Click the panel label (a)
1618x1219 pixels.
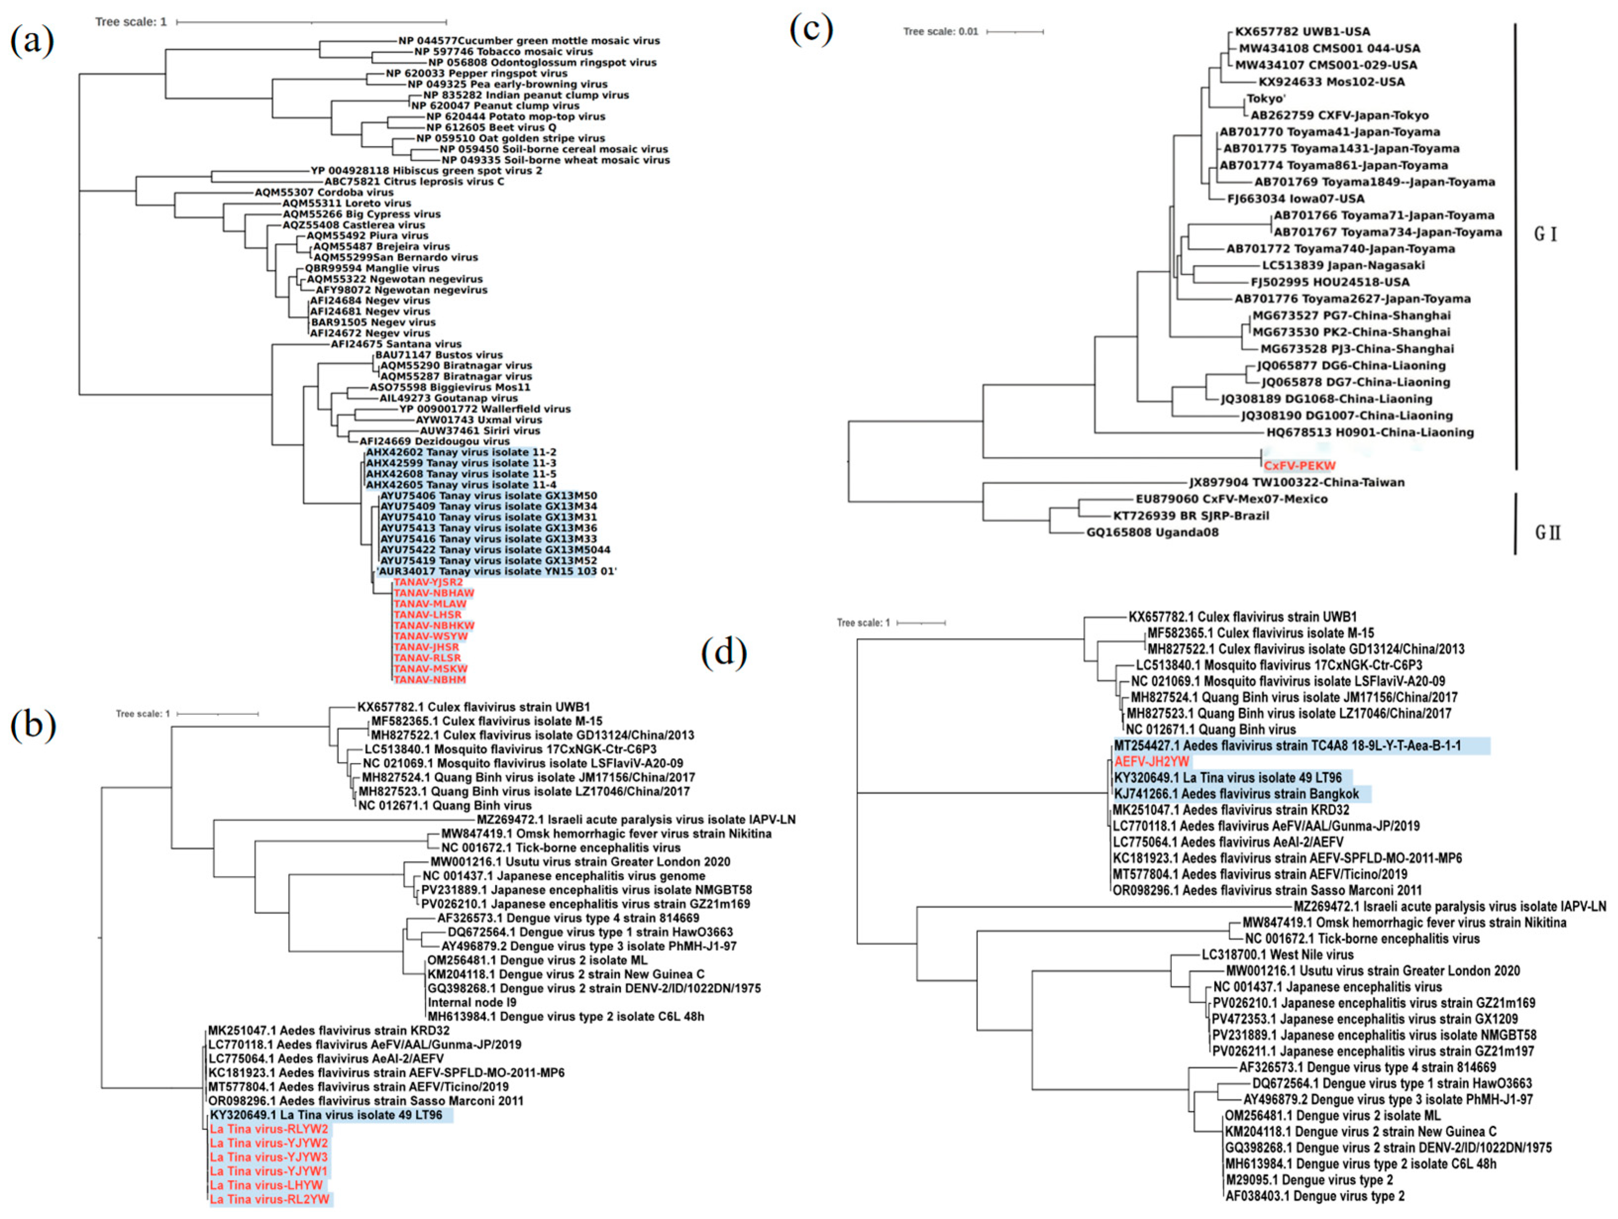32,40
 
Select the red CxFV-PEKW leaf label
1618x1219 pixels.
1299,465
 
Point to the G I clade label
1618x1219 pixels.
1545,234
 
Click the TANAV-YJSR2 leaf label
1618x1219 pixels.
428,582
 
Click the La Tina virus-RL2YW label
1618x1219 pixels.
270,1199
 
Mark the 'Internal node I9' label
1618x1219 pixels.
472,1003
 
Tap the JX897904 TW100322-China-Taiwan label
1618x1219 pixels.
1297,482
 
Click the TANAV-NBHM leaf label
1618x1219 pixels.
429,680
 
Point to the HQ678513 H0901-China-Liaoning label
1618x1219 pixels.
1370,432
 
